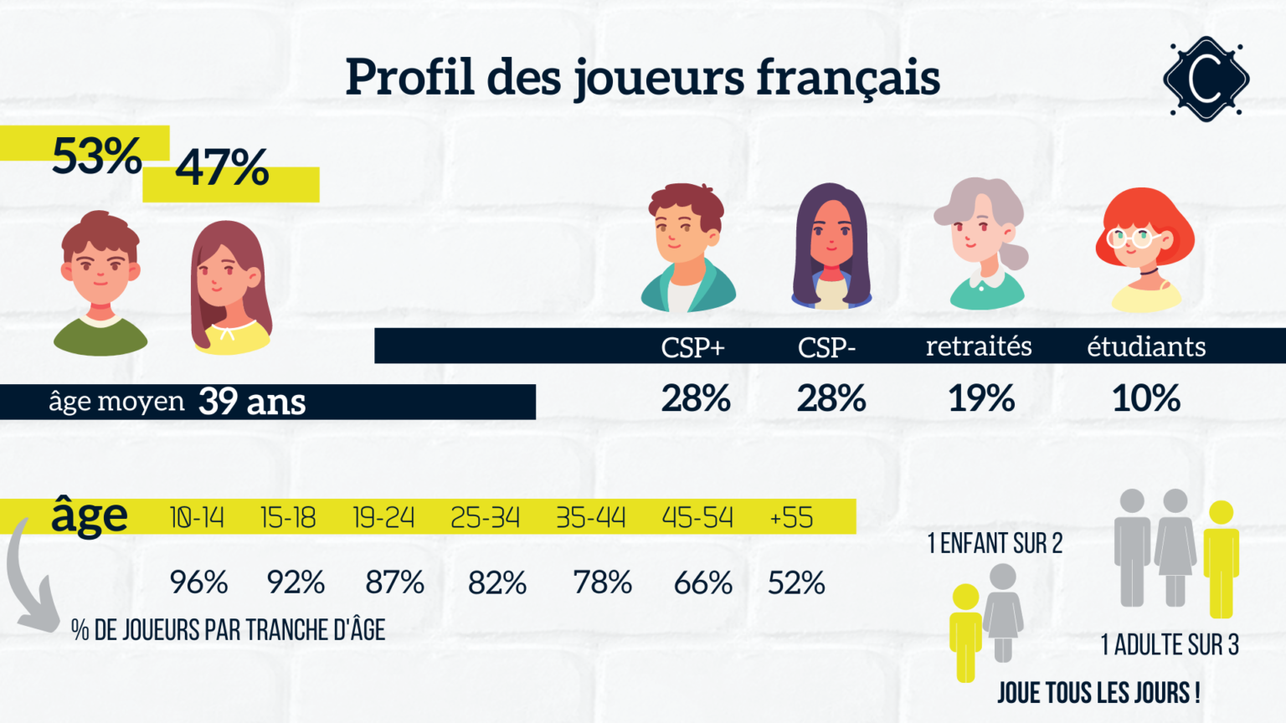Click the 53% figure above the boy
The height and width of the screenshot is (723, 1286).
pyautogui.click(x=96, y=156)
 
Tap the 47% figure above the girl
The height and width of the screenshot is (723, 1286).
pyautogui.click(x=222, y=167)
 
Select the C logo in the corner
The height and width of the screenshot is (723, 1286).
pyautogui.click(x=1206, y=79)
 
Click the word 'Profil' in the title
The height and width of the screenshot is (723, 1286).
pyautogui.click(x=409, y=77)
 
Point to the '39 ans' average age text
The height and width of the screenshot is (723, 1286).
pyautogui.click(x=252, y=402)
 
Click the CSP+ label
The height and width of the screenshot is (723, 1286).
pyautogui.click(x=692, y=346)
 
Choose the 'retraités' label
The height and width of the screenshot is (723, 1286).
pyautogui.click(x=979, y=346)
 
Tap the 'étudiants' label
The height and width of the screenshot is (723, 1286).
pyautogui.click(x=1146, y=346)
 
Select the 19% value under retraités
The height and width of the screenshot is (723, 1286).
pyautogui.click(x=981, y=398)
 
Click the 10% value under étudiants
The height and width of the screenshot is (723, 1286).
pyautogui.click(x=1146, y=398)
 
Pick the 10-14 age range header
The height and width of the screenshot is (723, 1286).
pyautogui.click(x=197, y=518)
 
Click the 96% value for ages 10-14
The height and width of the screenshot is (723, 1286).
pyautogui.click(x=198, y=582)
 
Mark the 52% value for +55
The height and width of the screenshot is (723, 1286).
pyautogui.click(x=796, y=582)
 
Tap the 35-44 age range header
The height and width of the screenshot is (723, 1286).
pyautogui.click(x=591, y=518)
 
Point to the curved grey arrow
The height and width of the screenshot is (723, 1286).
pyautogui.click(x=28, y=586)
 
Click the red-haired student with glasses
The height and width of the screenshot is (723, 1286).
pyautogui.click(x=1145, y=249)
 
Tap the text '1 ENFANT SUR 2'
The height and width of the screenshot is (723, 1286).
pyautogui.click(x=995, y=544)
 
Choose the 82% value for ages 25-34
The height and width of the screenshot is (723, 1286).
pyautogui.click(x=497, y=582)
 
